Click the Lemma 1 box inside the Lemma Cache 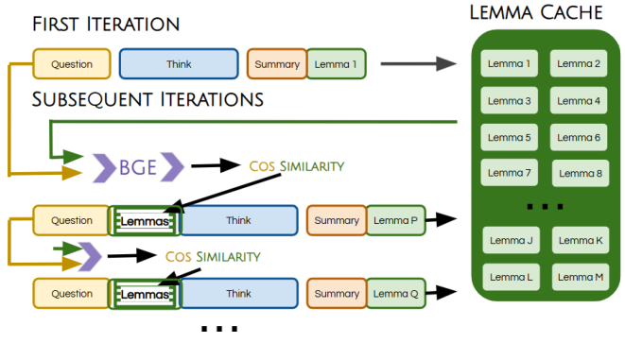click(x=509, y=64)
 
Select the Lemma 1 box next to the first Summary click(x=337, y=64)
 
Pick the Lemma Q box click(x=395, y=294)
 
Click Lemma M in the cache click(x=579, y=276)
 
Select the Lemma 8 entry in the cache click(x=579, y=173)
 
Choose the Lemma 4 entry click(x=579, y=100)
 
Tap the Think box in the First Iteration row click(x=179, y=64)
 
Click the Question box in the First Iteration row click(x=72, y=64)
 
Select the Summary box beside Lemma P click(x=337, y=221)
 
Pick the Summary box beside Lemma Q click(x=337, y=294)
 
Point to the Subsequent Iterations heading click(x=148, y=99)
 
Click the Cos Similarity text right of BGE click(x=298, y=165)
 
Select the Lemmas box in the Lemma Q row click(x=145, y=294)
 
